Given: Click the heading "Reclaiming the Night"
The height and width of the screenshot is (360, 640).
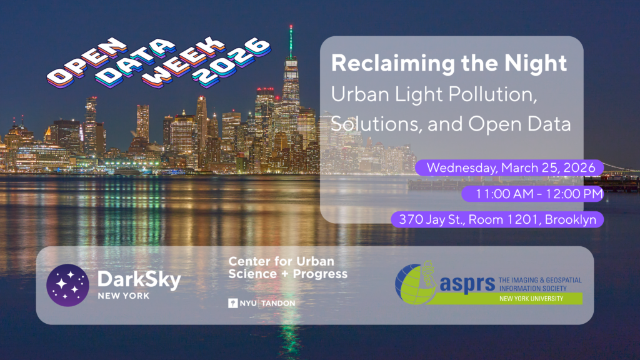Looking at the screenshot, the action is (449, 63).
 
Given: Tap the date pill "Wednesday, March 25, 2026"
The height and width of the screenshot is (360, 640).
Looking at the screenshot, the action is (509, 167).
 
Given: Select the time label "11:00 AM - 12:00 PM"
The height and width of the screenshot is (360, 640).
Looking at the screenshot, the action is (532, 194).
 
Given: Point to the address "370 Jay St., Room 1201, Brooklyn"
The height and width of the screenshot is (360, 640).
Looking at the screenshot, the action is (497, 219).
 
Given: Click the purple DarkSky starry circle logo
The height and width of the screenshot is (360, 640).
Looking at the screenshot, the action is (67, 285).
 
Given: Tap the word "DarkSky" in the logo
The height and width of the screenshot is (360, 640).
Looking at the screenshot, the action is (139, 280).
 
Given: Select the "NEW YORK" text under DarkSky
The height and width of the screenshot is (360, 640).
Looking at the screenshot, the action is (124, 296).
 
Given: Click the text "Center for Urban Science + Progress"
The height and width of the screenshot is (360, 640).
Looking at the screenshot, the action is (287, 267).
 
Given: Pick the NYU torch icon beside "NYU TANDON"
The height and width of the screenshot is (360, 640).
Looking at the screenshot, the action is (232, 303).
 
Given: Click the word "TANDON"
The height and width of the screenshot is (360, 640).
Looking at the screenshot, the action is (278, 303).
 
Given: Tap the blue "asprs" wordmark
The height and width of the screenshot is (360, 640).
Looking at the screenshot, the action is (467, 284).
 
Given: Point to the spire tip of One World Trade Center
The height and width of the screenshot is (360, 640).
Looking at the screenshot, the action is (291, 26).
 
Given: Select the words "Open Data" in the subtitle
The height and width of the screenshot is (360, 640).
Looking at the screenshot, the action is (519, 124).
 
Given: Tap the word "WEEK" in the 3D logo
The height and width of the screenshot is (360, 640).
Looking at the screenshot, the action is (184, 62).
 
